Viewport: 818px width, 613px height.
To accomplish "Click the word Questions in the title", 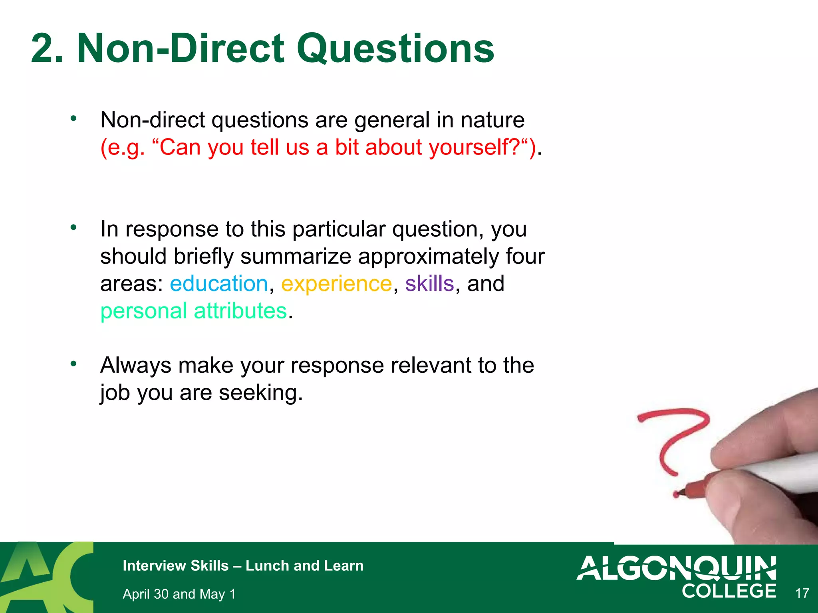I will [395, 49].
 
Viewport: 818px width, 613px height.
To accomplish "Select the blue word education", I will [218, 284].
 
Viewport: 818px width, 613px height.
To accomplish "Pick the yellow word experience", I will [336, 284].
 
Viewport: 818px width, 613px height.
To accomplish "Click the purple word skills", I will [429, 284].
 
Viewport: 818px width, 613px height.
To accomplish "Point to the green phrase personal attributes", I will [193, 311].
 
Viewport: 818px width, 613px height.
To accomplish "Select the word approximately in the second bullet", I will [428, 256].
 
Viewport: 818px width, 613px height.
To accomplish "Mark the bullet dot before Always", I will [73, 364].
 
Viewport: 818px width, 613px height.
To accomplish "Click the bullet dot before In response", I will [73, 227].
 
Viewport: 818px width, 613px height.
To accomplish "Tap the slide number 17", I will [802, 593].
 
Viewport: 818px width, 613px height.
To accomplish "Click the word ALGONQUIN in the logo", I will [676, 568].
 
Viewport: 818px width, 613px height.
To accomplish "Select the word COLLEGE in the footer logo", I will [729, 591].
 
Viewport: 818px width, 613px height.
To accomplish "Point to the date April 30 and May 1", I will [179, 594].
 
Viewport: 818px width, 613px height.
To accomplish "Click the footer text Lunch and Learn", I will [304, 566].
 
